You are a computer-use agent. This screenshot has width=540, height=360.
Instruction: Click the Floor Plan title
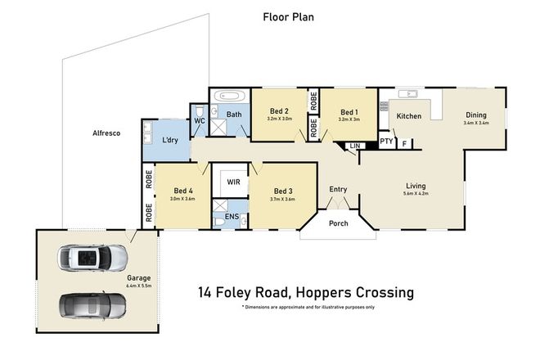(x=288, y=16)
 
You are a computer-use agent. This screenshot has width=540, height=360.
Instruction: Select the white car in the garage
(x=92, y=260)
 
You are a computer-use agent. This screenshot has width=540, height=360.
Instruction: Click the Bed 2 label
(x=279, y=111)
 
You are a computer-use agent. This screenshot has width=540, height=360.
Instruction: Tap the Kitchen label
(x=409, y=116)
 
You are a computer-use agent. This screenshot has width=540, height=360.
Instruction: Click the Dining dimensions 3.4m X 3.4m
(x=475, y=124)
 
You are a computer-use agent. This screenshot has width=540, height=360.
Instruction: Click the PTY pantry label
(x=387, y=141)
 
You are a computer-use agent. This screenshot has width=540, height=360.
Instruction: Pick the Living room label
(x=416, y=186)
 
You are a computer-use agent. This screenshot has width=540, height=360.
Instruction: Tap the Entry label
(x=339, y=190)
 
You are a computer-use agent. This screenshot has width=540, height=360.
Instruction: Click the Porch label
(x=338, y=223)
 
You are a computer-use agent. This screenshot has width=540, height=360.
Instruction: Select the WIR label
(x=232, y=181)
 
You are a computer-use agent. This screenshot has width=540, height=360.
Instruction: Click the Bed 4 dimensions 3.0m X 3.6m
(x=182, y=199)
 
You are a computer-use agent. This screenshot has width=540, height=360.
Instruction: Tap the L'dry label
(x=170, y=140)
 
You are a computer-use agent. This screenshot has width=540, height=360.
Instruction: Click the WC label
(x=199, y=121)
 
